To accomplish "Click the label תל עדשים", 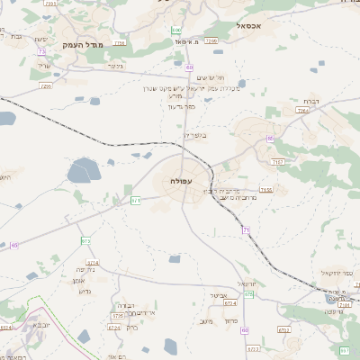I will coord(209,78).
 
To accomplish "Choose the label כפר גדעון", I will coord(181,106).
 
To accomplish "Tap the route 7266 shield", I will coord(211,40).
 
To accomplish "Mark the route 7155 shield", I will coord(266,190).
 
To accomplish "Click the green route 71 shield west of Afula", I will coord(136,200).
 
